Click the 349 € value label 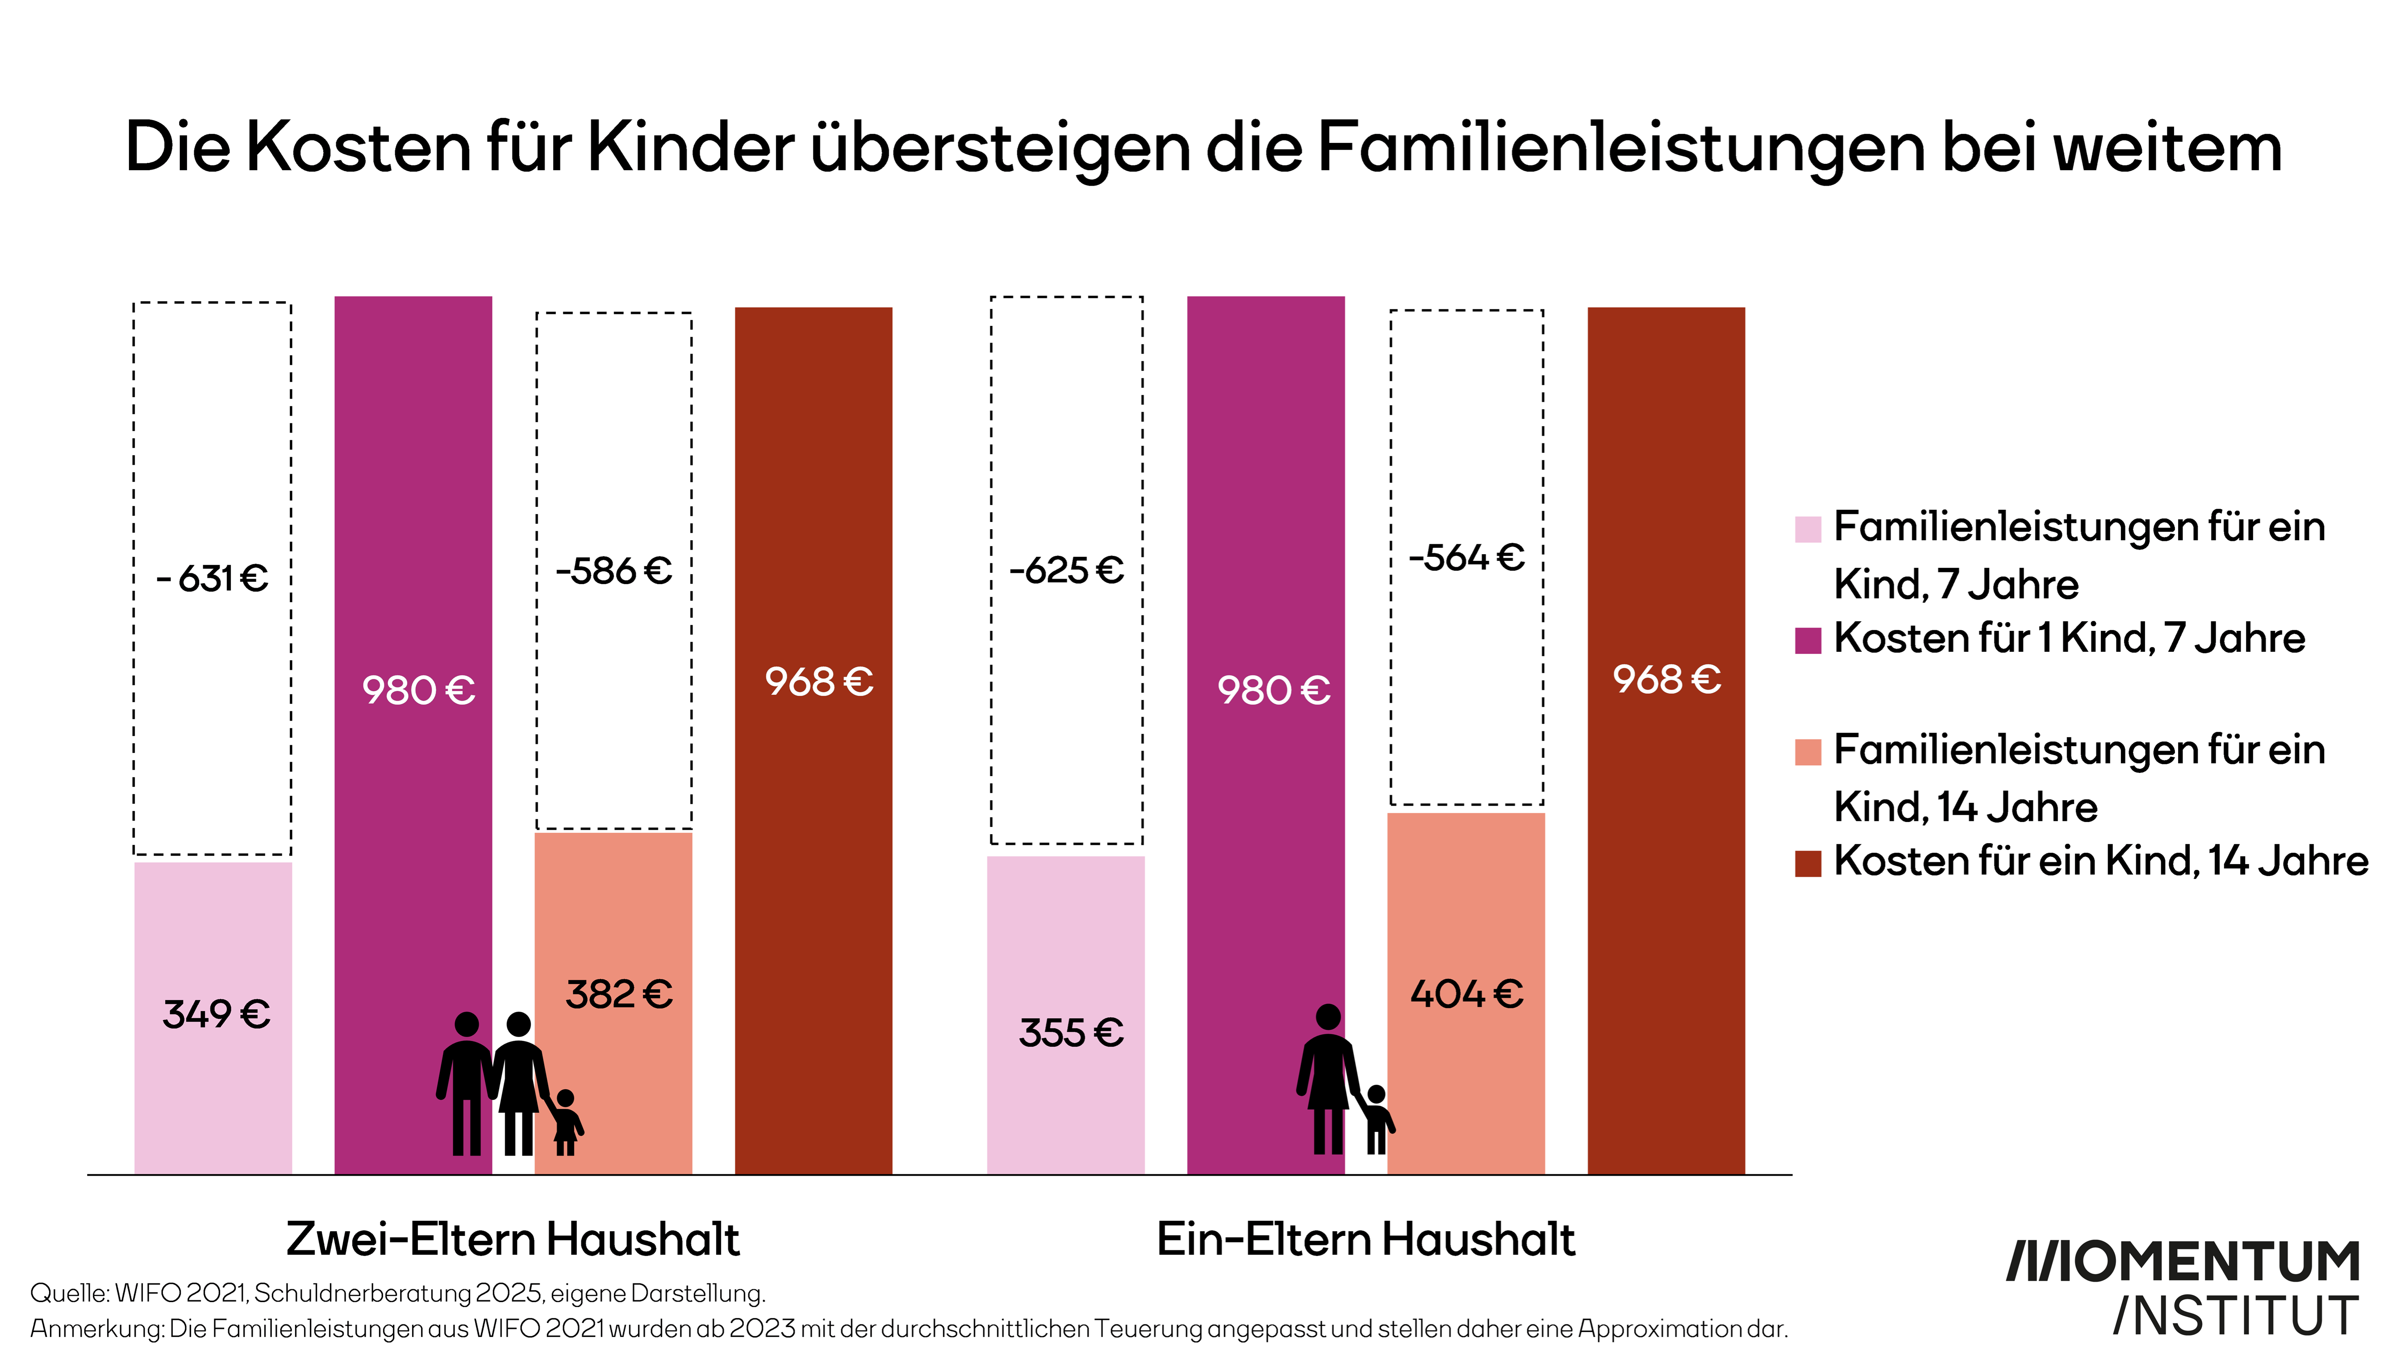pos(216,1014)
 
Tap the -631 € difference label pos(212,579)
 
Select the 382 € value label pos(618,994)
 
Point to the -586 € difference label pos(614,570)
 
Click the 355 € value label pos(1070,1032)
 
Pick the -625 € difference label pos(1067,570)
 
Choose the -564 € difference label pos(1467,557)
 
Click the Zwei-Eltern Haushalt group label pos(512,1239)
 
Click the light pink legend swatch pos(1807,528)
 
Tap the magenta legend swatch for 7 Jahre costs pos(1807,640)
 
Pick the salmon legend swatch pos(1807,751)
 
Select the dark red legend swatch pos(1807,863)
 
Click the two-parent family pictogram pos(508,1084)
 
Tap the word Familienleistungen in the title pos(1621,147)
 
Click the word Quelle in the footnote pos(69,1293)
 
